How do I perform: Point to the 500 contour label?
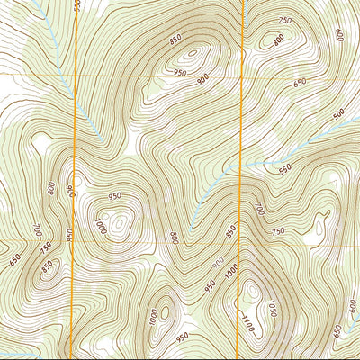(339, 114)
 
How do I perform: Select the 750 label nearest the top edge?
(285, 21)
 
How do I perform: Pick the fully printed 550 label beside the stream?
(285, 168)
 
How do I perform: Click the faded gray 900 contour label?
(217, 263)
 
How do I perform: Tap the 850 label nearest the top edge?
(175, 40)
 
